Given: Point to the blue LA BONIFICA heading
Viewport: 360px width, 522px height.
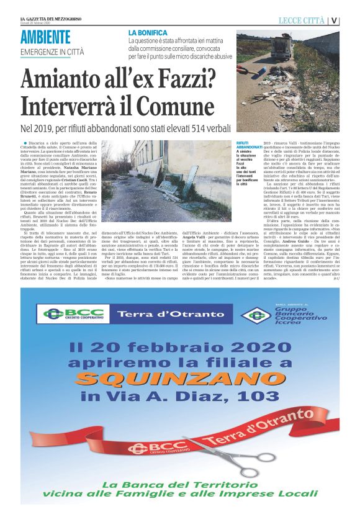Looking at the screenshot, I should click(x=148, y=32).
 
